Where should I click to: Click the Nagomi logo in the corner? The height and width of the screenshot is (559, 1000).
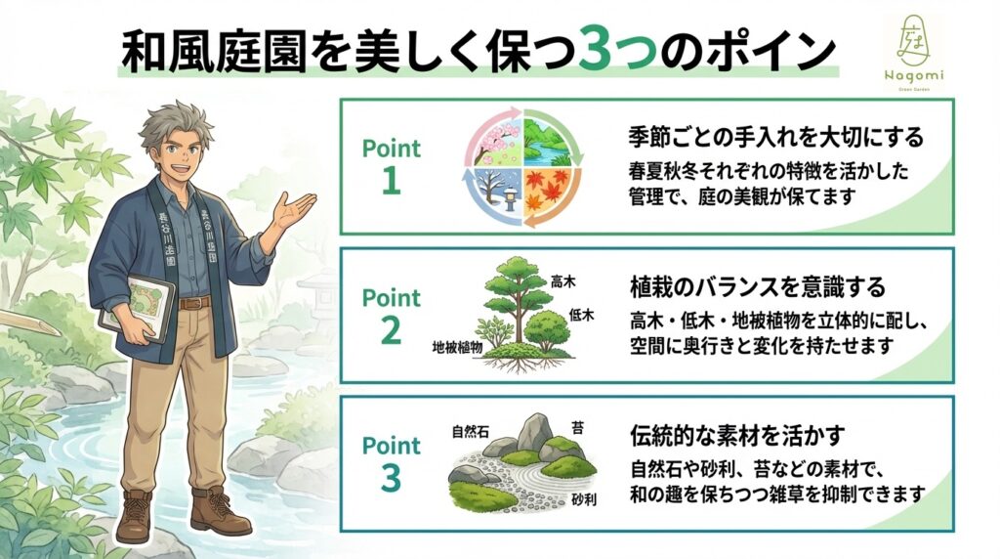913,54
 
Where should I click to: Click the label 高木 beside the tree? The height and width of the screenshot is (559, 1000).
562,281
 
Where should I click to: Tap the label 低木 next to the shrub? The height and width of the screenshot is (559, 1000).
581,315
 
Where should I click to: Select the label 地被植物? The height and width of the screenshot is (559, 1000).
457,348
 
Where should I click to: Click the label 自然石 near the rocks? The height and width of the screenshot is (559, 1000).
470,432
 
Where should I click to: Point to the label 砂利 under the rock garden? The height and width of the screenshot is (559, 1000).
584,499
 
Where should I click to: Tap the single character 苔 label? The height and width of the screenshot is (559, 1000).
578,427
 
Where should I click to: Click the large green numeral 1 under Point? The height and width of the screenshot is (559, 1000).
391,182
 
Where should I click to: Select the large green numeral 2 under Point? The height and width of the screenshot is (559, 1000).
391,330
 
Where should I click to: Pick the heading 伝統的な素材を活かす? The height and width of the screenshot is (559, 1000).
737,435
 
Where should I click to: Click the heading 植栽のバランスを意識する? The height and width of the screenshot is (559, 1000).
758,286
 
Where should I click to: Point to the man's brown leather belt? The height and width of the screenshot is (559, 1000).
194,303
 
